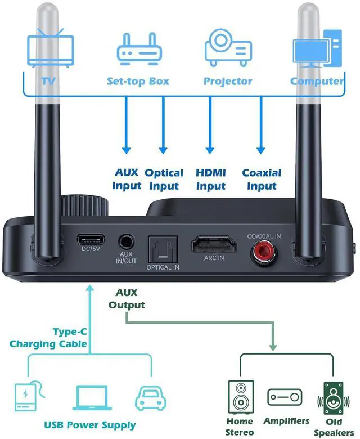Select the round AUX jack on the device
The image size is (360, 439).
[127, 243]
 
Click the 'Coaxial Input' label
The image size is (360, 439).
[262, 179]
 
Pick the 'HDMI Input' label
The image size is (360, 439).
[211, 179]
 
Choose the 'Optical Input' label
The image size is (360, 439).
[164, 179]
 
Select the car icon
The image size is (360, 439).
[150, 397]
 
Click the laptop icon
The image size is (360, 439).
[90, 397]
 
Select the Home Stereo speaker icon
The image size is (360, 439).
[240, 397]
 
